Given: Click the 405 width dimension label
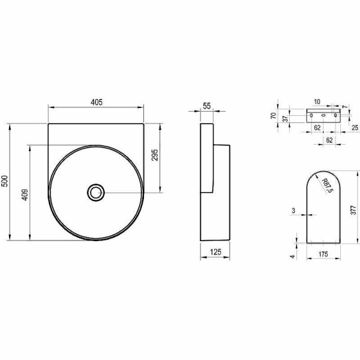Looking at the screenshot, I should [97, 102].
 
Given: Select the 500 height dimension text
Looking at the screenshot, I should [5, 182].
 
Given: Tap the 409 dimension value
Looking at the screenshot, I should [25, 195].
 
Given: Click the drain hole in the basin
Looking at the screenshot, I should [95, 192].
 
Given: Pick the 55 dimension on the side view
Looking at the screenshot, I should [206, 106].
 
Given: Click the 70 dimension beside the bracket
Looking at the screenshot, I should [273, 115].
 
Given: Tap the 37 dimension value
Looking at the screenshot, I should [286, 118].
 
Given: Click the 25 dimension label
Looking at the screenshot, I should [355, 127].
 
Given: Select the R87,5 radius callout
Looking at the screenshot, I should [326, 187].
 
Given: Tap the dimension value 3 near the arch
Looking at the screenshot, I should [293, 210].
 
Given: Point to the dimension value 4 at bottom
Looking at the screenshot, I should [293, 256].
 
